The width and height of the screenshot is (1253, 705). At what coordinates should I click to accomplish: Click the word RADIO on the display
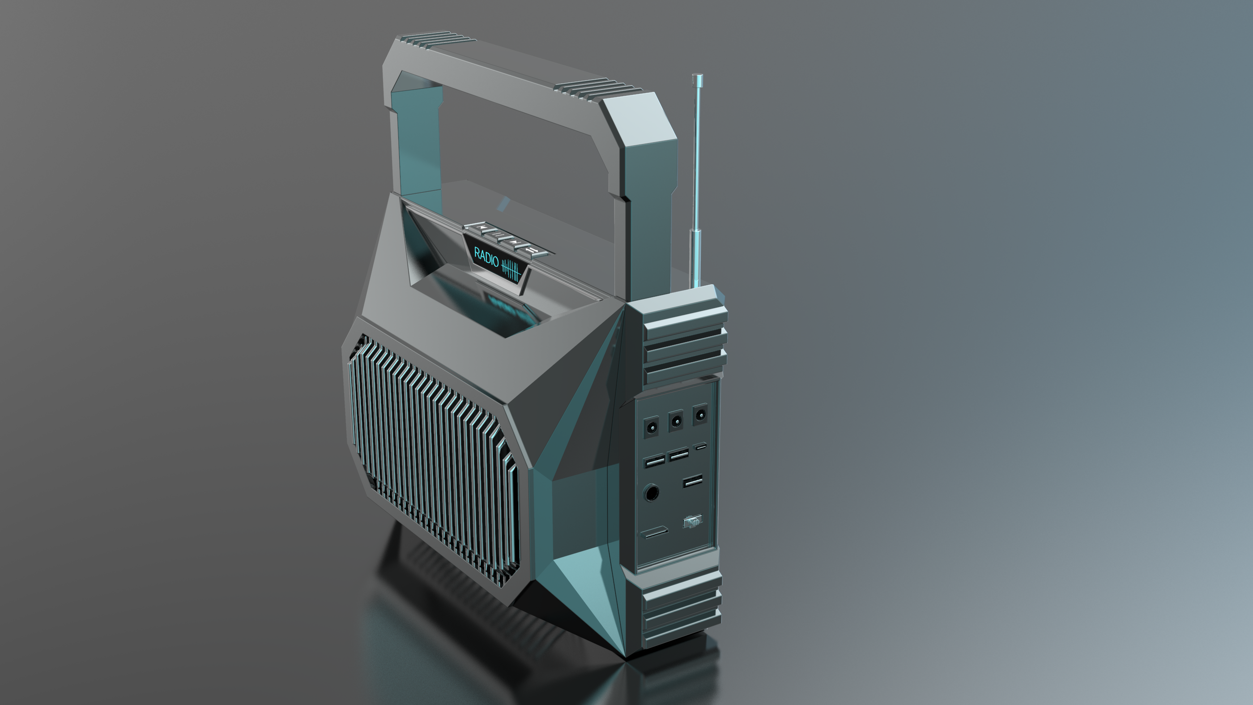[486, 256]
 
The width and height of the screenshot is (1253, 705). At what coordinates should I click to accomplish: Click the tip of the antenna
[697, 77]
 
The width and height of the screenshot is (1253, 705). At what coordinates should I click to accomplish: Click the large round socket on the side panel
[651, 493]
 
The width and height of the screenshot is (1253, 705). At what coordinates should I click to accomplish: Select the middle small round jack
[676, 421]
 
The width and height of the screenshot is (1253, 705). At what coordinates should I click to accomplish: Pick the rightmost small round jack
[700, 414]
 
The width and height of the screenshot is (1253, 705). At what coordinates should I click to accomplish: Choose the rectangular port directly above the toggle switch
[692, 482]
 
